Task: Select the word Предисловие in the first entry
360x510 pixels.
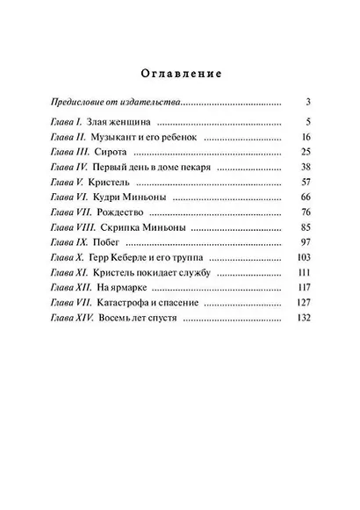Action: pyautogui.click(x=81, y=102)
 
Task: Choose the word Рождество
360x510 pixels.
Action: pyautogui.click(x=146, y=215)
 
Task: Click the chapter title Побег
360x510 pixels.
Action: pyautogui.click(x=130, y=246)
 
